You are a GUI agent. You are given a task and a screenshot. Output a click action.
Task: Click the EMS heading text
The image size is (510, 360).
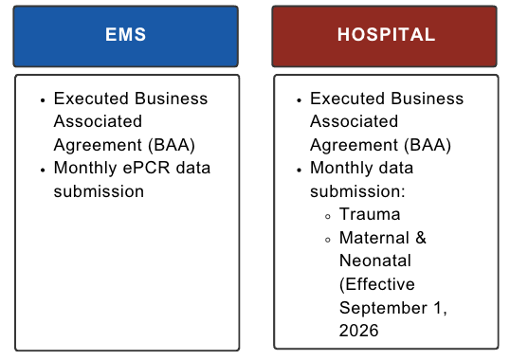pyautogui.click(x=125, y=34)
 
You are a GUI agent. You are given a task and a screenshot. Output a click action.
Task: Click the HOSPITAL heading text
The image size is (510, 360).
pyautogui.click(x=386, y=34)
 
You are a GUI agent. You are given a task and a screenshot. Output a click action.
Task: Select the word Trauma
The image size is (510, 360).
pyautogui.click(x=370, y=214)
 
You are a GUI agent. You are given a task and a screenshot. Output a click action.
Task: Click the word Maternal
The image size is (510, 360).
pyautogui.click(x=374, y=238)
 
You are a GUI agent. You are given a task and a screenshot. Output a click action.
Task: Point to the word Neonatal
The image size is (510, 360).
pyautogui.click(x=375, y=261)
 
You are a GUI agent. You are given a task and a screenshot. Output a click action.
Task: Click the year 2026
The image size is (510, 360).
pyautogui.click(x=358, y=331)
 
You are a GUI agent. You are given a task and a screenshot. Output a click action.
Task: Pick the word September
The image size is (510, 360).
pyautogui.click(x=383, y=308)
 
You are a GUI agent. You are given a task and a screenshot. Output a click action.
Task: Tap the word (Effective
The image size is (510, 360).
pyautogui.click(x=377, y=284)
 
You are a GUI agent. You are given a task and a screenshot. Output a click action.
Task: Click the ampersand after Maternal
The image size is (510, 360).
pyautogui.click(x=421, y=238)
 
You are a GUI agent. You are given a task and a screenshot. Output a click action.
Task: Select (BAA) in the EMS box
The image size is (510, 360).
pyautogui.click(x=172, y=145)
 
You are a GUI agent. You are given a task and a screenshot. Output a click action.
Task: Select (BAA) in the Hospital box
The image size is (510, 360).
pyautogui.click(x=428, y=145)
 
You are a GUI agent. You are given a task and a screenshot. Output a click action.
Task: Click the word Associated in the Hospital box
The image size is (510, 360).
pyautogui.click(x=354, y=121)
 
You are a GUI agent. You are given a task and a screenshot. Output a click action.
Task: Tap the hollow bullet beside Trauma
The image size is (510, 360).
pyautogui.click(x=328, y=216)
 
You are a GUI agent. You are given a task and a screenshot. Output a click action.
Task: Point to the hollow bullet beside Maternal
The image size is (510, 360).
pyautogui.click(x=328, y=240)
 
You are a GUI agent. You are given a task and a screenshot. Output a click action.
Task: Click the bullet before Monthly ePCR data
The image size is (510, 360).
pyautogui.click(x=43, y=170)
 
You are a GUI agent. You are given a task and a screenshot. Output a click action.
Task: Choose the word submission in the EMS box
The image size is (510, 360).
pyautogui.click(x=99, y=191)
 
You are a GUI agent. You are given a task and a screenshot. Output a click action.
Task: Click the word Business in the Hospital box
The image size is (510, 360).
pyautogui.click(x=428, y=99)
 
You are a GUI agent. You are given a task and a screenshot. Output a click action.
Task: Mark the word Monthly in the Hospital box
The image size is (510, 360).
pyautogui.click(x=340, y=169)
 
